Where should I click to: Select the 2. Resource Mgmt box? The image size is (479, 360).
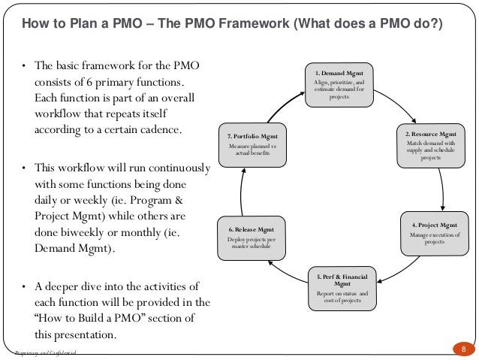pyautogui.click(x=431, y=145)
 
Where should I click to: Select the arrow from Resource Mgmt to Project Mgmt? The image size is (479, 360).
pyautogui.click(x=444, y=189)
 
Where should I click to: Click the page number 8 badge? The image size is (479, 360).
pyautogui.click(x=463, y=349)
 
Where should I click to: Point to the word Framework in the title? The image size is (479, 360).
pyautogui.click(x=255, y=23)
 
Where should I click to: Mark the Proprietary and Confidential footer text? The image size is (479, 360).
pyautogui.click(x=46, y=353)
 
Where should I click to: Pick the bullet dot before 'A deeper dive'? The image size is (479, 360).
pyautogui.click(x=24, y=286)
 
